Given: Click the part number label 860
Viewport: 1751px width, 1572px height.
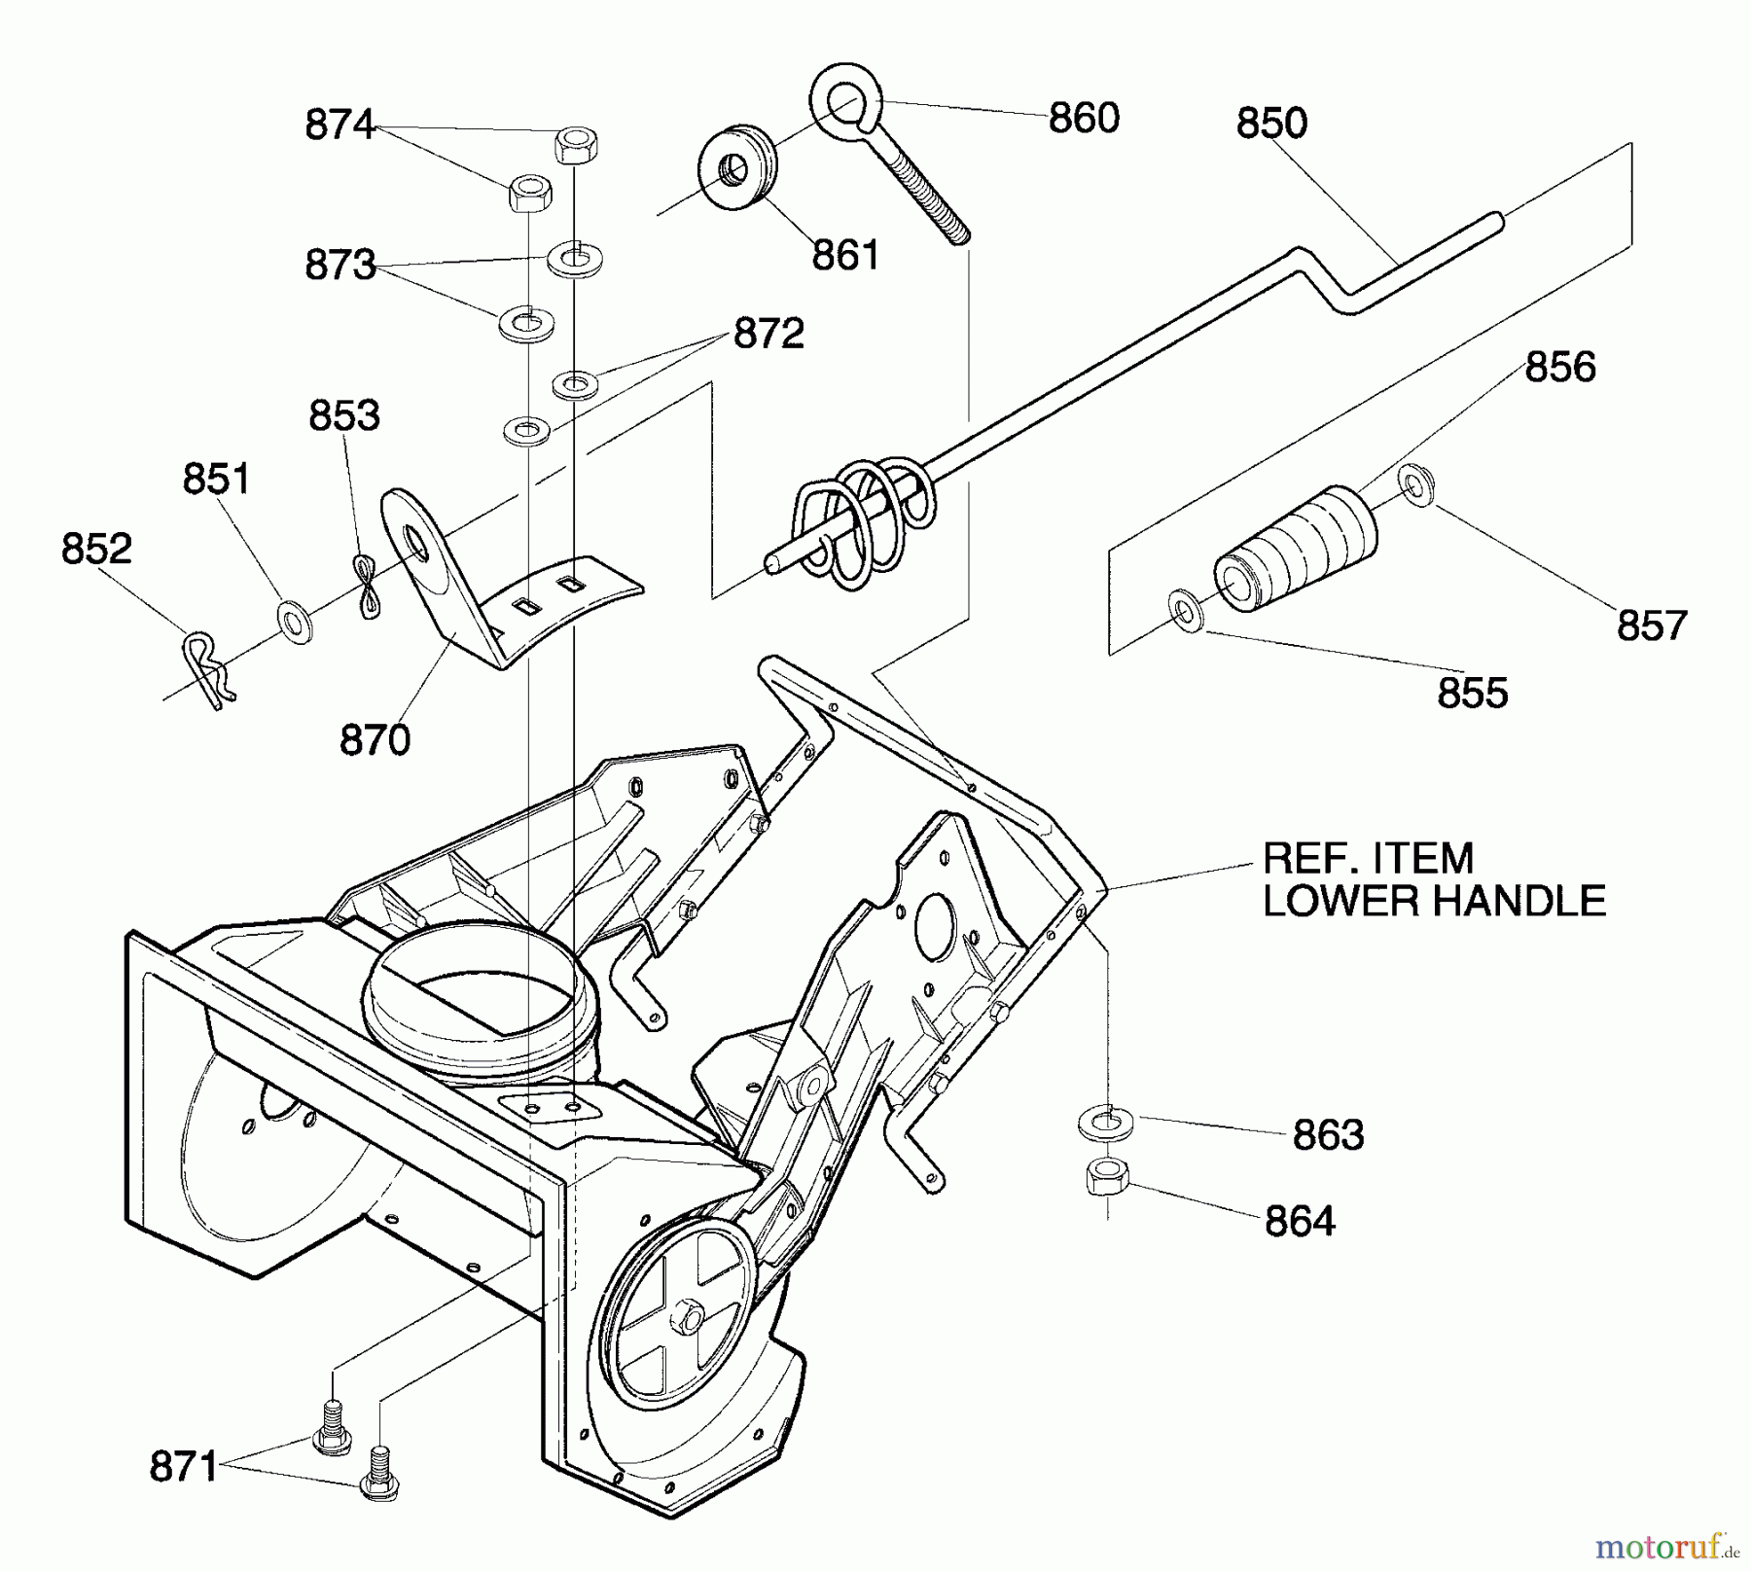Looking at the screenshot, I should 1084,118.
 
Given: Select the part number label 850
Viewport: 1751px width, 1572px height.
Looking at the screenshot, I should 1271,124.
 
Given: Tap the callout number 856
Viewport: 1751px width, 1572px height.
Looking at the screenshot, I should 1560,367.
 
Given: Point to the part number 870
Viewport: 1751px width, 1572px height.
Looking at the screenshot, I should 375,740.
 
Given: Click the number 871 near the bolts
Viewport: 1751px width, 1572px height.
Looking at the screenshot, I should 184,1466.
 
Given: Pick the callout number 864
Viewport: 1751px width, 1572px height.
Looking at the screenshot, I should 1300,1221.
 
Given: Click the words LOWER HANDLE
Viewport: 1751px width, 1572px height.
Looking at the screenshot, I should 1433,901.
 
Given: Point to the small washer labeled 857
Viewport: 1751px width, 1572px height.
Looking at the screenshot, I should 1415,484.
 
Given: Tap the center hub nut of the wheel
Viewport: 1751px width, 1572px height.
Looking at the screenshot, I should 690,1318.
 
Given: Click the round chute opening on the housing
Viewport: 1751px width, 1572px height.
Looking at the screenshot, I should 477,1007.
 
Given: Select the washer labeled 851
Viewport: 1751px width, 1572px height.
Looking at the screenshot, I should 295,621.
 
